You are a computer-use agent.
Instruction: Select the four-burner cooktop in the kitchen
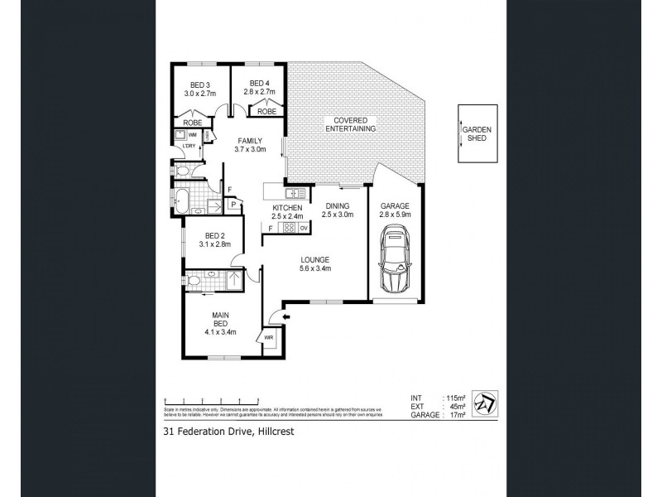290,228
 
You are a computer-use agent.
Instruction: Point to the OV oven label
304,228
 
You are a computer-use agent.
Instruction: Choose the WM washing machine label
192,133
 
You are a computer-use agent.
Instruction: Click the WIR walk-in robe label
269,338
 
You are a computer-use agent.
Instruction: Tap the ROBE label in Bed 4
266,111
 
